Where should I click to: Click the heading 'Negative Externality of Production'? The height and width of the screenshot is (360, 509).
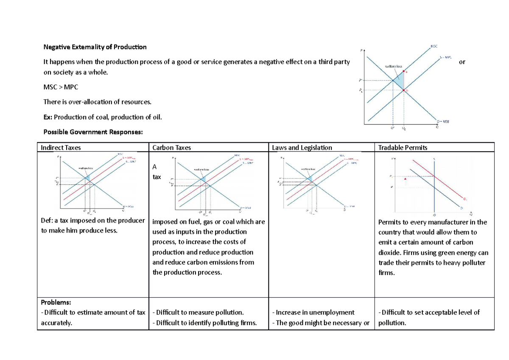tap(95, 47)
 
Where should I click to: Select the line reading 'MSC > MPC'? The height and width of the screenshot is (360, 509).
tap(61, 87)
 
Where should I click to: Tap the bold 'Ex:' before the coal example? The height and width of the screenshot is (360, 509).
tap(49, 116)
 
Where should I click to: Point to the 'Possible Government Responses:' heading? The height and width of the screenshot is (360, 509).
tap(93, 132)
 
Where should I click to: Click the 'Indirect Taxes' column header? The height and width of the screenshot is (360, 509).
tap(61, 148)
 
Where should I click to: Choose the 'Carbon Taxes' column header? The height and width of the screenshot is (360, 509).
tap(172, 148)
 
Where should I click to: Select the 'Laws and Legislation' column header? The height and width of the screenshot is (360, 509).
tap(302, 148)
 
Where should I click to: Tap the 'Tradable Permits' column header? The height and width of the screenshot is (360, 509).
tap(403, 148)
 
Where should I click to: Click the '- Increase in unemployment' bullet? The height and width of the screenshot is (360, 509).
tap(313, 312)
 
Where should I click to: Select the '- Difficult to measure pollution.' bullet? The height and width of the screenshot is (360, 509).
tap(198, 312)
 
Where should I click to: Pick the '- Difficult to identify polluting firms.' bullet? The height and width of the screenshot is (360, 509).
tap(204, 323)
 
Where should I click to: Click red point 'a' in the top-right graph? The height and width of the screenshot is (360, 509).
tap(403, 73)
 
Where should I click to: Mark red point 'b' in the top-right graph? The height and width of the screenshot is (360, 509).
tap(403, 90)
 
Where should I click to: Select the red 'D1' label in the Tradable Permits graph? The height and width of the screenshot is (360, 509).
tap(465, 198)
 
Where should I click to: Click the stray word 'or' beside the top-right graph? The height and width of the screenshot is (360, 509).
tap(462, 62)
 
